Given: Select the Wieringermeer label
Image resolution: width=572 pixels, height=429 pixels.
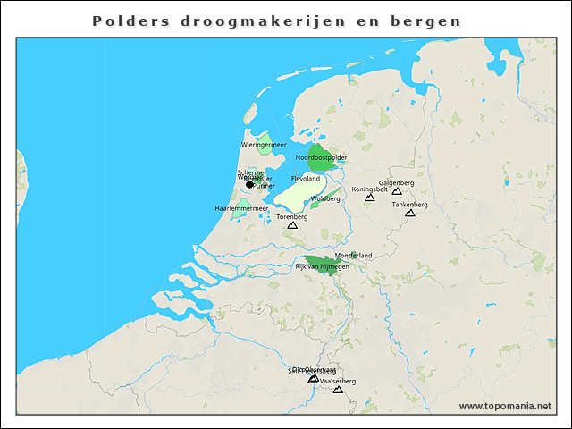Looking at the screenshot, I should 264,145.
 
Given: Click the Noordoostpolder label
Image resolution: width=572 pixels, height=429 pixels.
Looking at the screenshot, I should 321,157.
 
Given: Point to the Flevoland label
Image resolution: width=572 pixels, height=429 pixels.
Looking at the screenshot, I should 306,179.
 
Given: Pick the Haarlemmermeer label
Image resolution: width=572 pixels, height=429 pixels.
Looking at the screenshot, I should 241,208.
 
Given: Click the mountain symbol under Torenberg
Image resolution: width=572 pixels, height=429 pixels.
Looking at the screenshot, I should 291,225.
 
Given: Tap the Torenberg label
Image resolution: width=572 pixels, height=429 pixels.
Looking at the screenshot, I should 291,216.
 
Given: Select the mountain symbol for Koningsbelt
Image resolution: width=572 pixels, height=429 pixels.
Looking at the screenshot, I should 369,198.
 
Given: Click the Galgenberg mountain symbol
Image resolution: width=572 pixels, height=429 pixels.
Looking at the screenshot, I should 397,191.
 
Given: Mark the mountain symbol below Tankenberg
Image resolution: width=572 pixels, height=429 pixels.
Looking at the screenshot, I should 410,213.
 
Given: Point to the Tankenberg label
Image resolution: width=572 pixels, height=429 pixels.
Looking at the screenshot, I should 410,205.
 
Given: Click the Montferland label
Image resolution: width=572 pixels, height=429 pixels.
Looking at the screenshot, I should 353,256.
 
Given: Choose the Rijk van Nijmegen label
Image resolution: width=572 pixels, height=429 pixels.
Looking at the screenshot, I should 319,266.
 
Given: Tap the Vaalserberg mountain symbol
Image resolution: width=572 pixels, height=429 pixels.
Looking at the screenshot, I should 338,389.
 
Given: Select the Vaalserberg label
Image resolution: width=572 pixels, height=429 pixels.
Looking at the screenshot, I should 338,381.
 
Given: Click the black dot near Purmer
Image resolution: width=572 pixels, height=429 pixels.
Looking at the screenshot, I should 250,184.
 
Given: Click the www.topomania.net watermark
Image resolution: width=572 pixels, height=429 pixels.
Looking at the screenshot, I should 505,406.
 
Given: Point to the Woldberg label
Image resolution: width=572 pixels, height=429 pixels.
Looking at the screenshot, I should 324,198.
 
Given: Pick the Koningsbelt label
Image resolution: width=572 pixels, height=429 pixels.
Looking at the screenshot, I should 369,189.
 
